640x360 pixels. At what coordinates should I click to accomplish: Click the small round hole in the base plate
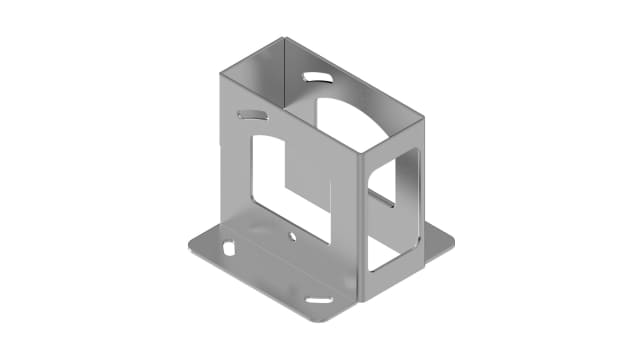(292, 237)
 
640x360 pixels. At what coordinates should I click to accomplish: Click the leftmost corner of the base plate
(187, 245)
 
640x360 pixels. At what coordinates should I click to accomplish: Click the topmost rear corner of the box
(284, 38)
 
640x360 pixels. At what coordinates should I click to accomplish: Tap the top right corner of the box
(424, 118)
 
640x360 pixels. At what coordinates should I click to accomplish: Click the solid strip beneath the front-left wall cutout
(300, 245)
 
